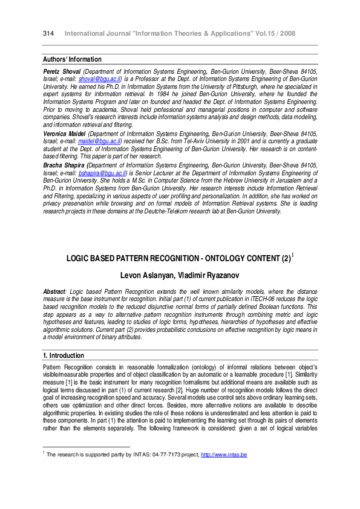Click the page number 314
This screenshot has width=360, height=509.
click(49, 33)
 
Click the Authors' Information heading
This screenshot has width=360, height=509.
click(72, 59)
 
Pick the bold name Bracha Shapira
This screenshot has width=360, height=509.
click(64, 164)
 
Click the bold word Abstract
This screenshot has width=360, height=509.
click(55, 291)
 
